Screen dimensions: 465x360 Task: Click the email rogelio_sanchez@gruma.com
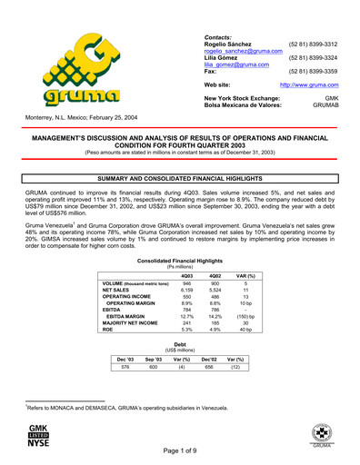click(239, 52)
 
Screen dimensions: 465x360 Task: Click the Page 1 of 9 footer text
click(179, 451)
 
